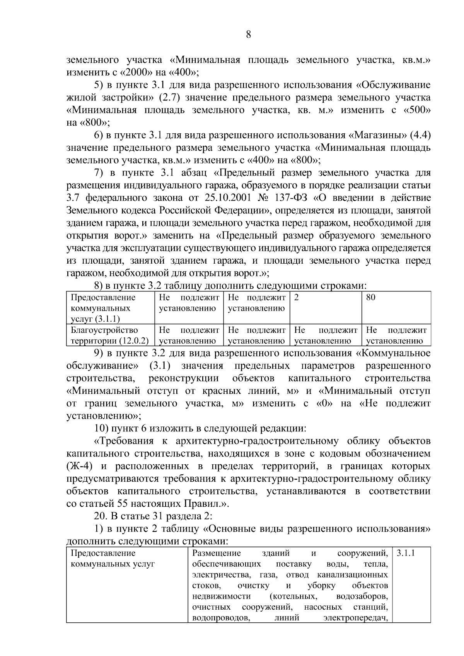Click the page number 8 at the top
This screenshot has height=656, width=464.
point(248,35)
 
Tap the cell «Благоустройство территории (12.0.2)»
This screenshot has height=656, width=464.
point(110,336)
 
